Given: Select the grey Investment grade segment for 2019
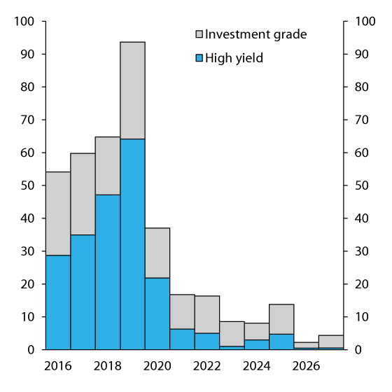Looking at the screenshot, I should tap(132, 90).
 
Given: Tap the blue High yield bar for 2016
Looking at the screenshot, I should tap(58, 302).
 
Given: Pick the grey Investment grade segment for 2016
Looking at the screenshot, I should tap(58, 213).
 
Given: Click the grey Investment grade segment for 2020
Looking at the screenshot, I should tap(157, 253).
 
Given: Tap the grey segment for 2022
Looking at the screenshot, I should tap(207, 314).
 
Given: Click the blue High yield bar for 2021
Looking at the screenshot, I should tap(182, 339).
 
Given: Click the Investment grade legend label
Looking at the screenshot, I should tap(255, 34).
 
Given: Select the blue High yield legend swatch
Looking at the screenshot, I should tap(199, 58).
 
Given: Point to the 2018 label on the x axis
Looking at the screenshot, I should tap(108, 366).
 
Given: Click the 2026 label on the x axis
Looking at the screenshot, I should tap(306, 366).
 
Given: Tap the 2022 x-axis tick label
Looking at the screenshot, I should tap(207, 366).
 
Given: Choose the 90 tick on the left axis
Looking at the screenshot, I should tap(27, 54).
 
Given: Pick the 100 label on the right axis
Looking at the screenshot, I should tap(365, 21).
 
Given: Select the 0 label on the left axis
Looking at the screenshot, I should tap(32, 349).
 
